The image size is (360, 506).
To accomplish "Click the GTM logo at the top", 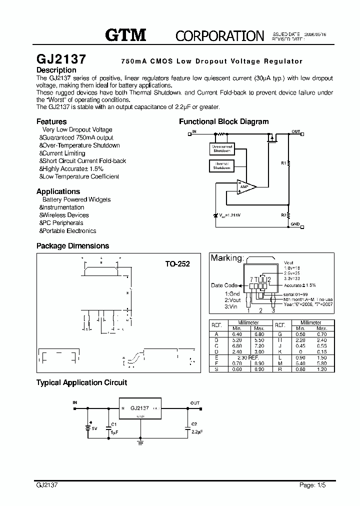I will [x=125, y=34].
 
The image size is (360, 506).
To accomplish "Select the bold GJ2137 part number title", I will [x=61, y=59].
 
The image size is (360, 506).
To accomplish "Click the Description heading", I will [x=56, y=70].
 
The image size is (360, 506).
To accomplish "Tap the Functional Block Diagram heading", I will [x=223, y=121].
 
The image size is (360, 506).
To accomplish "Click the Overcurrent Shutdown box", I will [x=222, y=148].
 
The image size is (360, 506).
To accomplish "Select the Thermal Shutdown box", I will [x=221, y=166].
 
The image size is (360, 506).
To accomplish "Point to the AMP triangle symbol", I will [x=245, y=186].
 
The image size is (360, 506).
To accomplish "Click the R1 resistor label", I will [x=283, y=163].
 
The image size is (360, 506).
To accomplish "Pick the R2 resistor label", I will [x=283, y=215].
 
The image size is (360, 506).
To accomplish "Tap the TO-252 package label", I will [x=177, y=263].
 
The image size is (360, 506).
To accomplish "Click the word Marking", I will [x=226, y=258].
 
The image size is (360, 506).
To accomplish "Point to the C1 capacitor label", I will [x=114, y=424].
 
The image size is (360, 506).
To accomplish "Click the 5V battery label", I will [x=93, y=428].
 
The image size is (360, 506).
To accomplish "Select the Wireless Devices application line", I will [x=64, y=215].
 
